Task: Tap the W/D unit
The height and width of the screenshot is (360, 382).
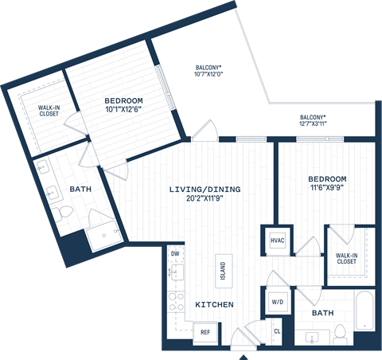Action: pos(276,303)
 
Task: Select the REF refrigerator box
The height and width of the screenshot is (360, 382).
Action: pos(205,331)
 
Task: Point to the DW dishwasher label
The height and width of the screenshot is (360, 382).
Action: pos(175,254)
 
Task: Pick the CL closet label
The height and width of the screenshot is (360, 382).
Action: pos(277,331)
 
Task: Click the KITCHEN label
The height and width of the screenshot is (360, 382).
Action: pos(215,305)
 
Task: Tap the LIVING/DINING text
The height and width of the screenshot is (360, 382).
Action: pos(205,190)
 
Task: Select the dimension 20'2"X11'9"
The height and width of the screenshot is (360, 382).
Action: pos(205,200)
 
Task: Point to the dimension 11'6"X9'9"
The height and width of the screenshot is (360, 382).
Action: pos(328,189)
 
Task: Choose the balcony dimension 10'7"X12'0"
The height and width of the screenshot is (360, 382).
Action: pos(209,75)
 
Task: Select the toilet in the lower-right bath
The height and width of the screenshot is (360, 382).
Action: pos(340,333)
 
